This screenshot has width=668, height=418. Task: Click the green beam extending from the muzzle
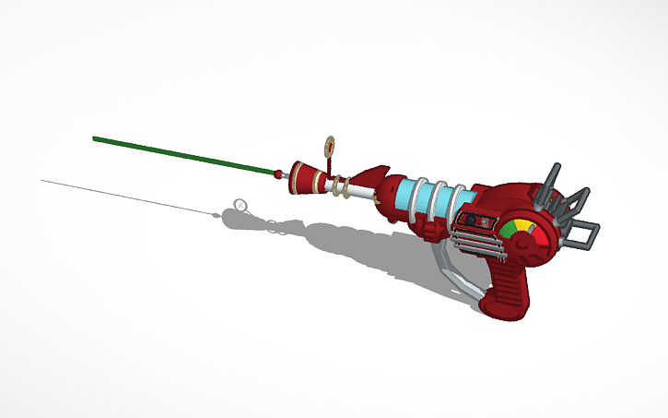184,155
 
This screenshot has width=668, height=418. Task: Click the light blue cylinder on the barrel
433,199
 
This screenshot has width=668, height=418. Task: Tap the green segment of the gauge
510,228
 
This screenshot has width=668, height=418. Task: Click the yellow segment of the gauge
522,224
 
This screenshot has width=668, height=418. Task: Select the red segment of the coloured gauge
533,231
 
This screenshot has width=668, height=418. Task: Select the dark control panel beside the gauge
475,221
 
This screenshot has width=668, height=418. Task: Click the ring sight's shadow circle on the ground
240,204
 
